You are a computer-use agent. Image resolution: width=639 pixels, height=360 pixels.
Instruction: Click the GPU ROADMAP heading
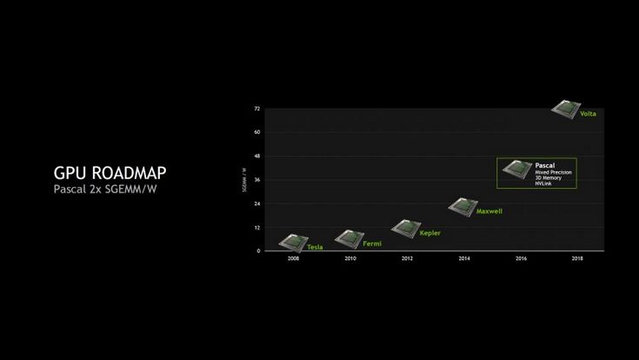point(110,173)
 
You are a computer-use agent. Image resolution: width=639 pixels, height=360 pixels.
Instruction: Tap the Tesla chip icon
point(293,241)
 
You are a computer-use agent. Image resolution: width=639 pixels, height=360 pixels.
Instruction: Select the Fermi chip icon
point(349,237)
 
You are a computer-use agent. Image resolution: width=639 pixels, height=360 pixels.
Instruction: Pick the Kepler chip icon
point(405,227)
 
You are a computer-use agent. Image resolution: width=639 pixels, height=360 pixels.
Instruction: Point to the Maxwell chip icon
point(463,206)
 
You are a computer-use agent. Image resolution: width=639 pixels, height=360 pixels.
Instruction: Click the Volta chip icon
point(567,108)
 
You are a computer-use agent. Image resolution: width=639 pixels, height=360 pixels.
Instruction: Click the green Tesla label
point(315,247)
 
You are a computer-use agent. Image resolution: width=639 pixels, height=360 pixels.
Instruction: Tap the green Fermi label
point(372,243)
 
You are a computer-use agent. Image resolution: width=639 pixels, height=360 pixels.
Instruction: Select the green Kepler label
point(429,233)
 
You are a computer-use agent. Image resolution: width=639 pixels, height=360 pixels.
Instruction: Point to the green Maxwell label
point(489,211)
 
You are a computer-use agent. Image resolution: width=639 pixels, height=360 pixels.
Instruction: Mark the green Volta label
point(589,114)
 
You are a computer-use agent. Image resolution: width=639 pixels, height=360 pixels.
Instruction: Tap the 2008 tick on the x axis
point(293,259)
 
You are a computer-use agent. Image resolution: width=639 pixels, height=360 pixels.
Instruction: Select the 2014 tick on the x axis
point(463,259)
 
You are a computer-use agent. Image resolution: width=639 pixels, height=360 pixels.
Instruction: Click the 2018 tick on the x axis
point(577,259)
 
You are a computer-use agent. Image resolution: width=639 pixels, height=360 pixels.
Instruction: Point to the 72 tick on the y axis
point(256,109)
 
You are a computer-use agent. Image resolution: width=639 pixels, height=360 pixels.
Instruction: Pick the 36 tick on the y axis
point(256,180)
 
